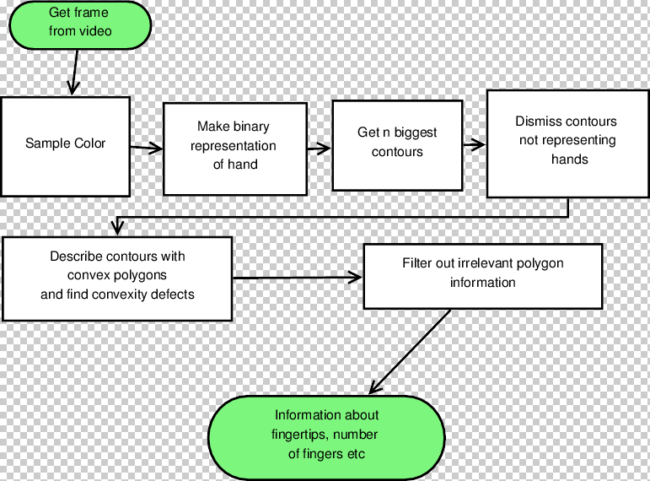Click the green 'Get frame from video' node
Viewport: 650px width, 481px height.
(79, 23)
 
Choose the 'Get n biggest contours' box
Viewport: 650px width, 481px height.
(397, 145)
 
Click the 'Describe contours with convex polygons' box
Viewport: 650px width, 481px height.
(117, 278)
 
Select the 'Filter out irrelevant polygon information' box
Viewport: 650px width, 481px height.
(482, 276)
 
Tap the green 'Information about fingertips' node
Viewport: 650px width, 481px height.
(326, 435)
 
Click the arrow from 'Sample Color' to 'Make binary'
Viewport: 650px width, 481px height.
(146, 149)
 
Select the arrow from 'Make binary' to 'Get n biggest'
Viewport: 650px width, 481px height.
(318, 149)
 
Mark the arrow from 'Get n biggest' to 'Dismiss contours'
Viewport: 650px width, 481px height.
(474, 144)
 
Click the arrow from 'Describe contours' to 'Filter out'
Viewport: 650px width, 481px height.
(297, 277)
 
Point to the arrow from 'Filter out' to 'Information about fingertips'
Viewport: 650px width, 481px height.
(411, 351)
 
